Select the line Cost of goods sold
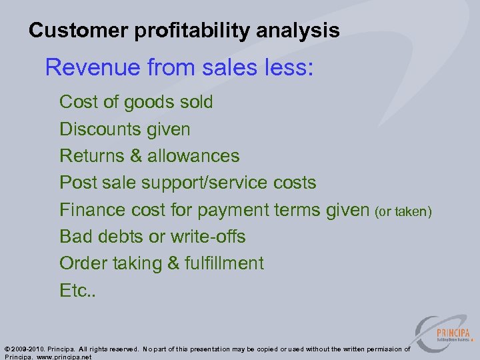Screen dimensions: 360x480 click(x=136, y=102)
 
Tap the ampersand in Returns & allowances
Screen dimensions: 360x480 click(x=136, y=156)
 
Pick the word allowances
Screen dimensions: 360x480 click(x=193, y=156)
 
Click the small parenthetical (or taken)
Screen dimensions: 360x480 click(x=403, y=211)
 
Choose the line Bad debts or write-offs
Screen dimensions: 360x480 click(x=152, y=237)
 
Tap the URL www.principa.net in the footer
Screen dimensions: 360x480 click(x=64, y=357)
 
